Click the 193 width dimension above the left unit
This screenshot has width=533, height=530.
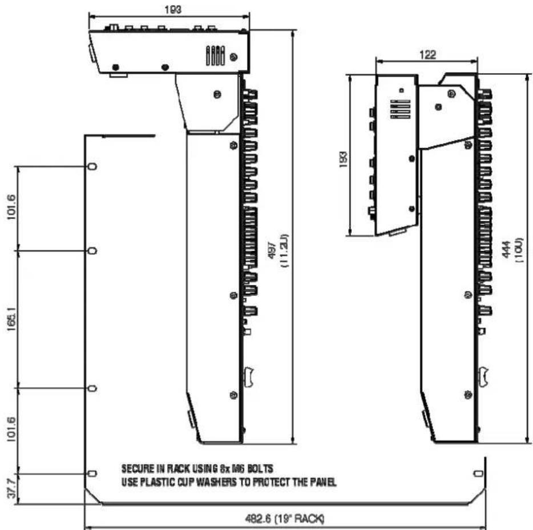click(x=173, y=10)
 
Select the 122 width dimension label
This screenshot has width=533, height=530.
click(x=428, y=55)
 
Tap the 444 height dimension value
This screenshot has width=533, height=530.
click(x=507, y=250)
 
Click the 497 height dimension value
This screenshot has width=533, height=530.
click(x=272, y=251)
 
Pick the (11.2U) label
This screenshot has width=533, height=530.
click(x=284, y=251)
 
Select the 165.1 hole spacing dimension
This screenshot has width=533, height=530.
click(x=11, y=319)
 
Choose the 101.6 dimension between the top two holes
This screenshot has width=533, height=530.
click(x=11, y=207)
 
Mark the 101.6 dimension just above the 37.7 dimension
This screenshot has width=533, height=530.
click(x=11, y=429)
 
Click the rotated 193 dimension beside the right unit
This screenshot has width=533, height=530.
click(x=343, y=159)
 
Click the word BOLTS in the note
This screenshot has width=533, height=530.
click(x=260, y=469)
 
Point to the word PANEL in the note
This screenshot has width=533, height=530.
click(x=323, y=482)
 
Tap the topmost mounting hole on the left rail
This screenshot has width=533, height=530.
click(x=92, y=166)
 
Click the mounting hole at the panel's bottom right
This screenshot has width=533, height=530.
click(x=478, y=473)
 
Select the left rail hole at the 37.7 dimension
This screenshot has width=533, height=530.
click(x=92, y=473)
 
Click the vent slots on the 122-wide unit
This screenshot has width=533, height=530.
click(x=401, y=109)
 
